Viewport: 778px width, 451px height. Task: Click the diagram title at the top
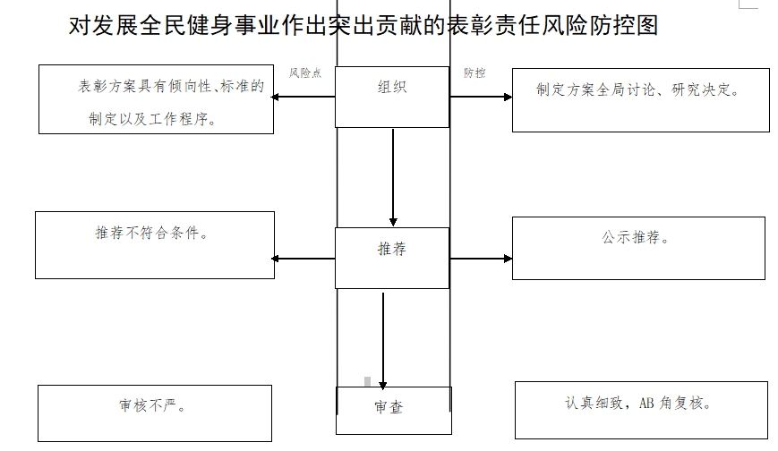coord(363,25)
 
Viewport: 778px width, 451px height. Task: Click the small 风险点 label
coord(305,73)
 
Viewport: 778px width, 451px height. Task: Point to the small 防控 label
coord(474,73)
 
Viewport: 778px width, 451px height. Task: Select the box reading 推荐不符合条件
coord(155,244)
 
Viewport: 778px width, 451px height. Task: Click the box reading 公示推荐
coord(638,248)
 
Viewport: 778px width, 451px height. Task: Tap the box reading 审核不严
coord(155,413)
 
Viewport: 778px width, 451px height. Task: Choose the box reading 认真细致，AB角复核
coord(641,410)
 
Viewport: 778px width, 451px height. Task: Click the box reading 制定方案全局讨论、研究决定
coord(640,98)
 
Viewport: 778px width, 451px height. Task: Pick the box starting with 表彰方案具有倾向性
coord(156,99)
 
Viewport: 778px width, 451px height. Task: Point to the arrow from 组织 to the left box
coord(304,97)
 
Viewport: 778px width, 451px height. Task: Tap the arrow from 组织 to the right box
coord(481,97)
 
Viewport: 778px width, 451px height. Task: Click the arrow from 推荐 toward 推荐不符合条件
coord(304,259)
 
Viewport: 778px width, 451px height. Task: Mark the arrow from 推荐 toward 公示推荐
coord(481,259)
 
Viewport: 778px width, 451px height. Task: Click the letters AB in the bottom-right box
coord(646,404)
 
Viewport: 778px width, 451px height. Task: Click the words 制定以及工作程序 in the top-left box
coord(152,118)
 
